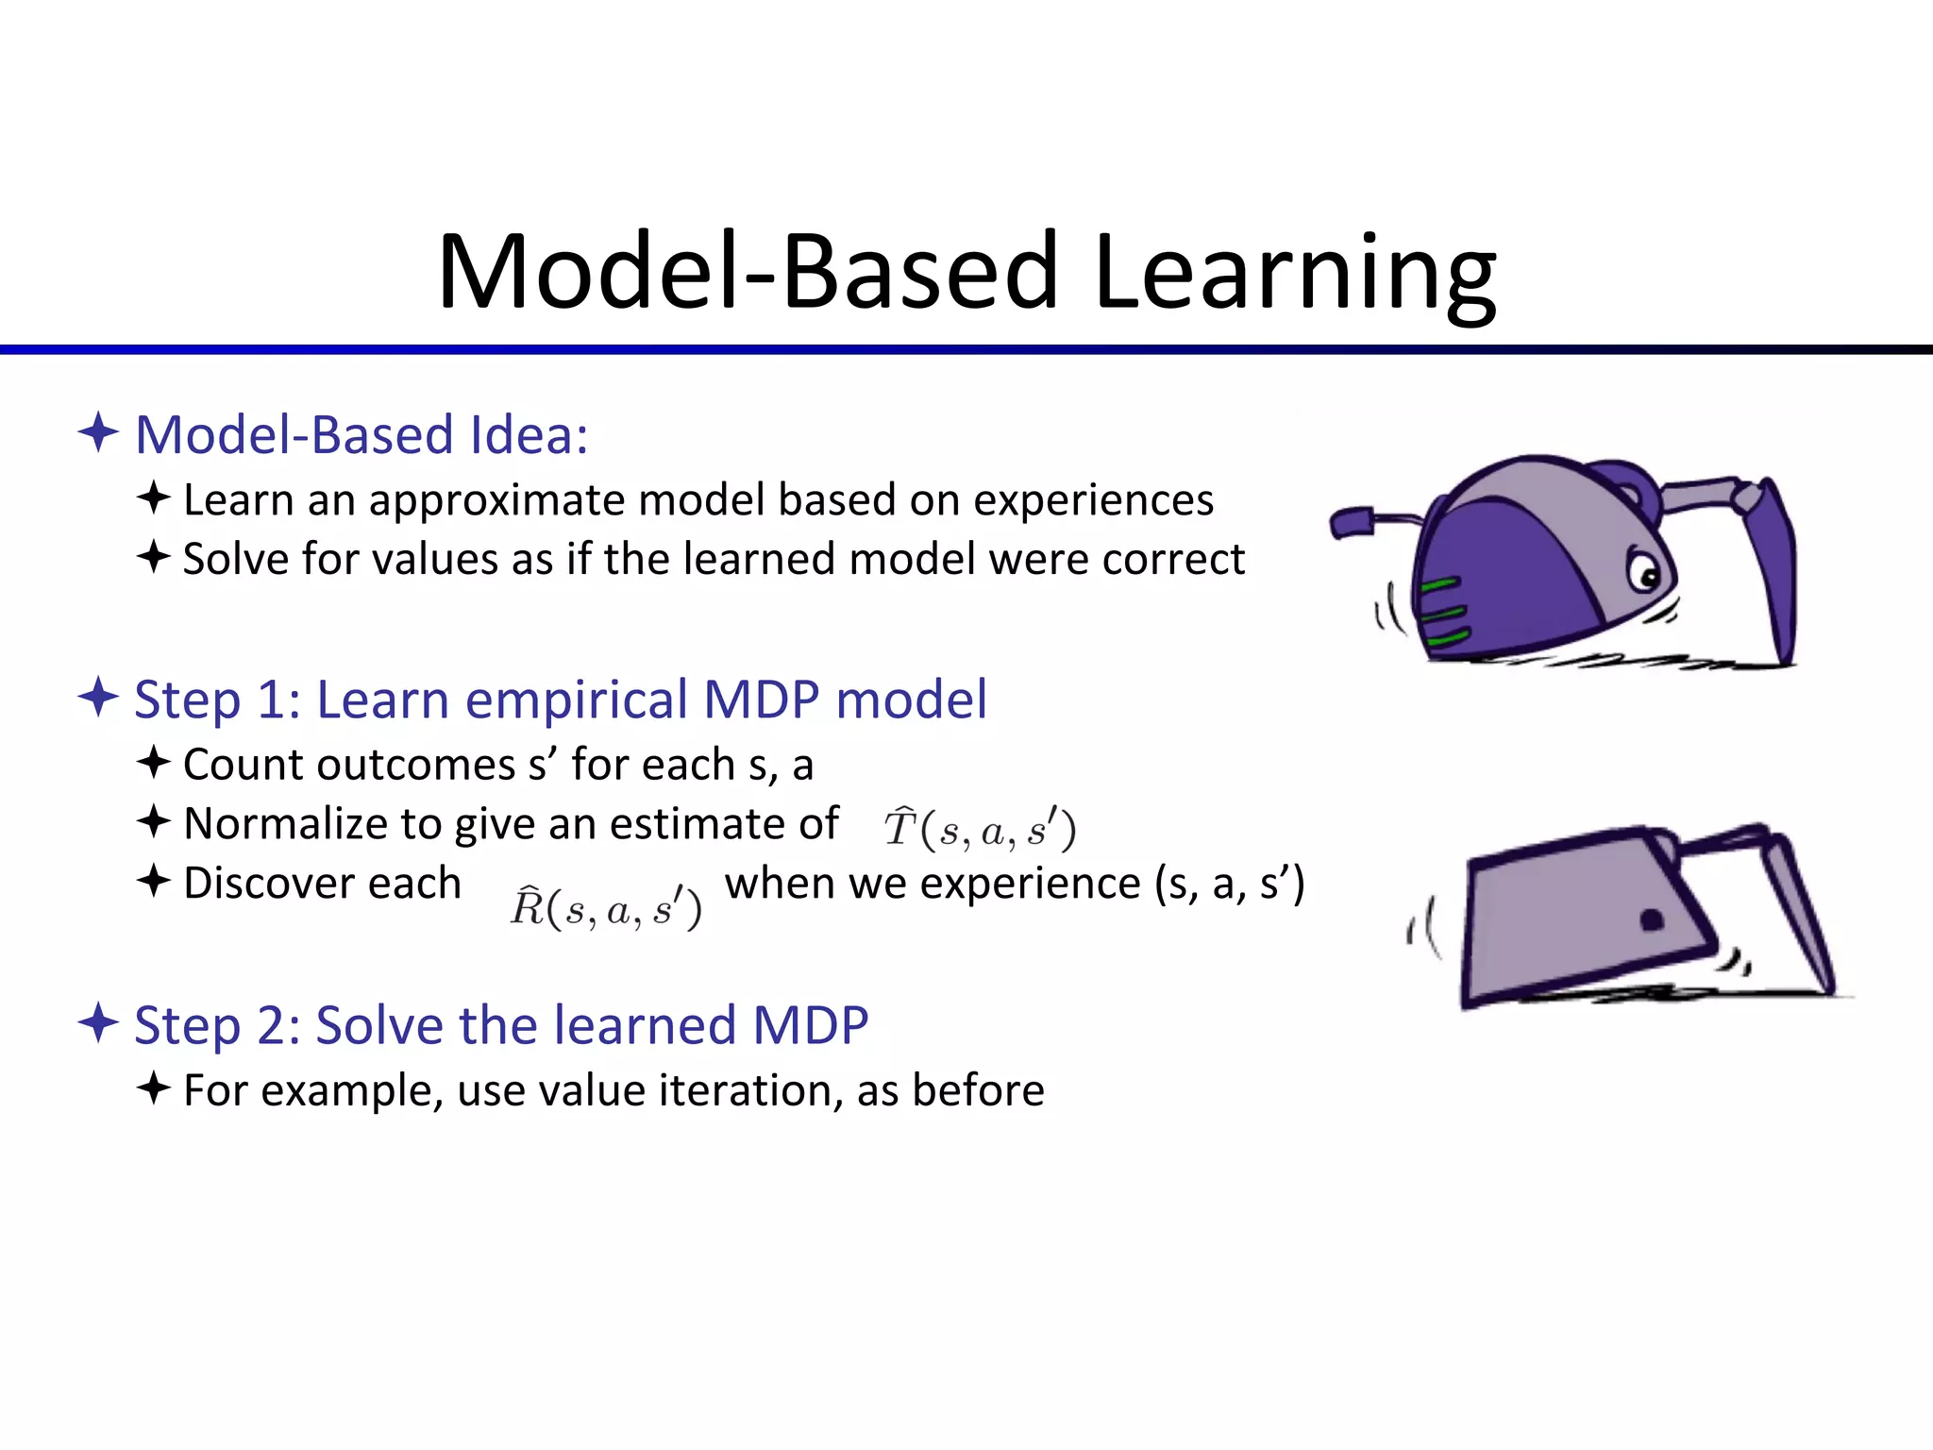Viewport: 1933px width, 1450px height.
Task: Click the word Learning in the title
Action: point(1294,274)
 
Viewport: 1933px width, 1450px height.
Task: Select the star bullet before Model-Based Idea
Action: point(98,433)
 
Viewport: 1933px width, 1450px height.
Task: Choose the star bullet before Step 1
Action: point(98,699)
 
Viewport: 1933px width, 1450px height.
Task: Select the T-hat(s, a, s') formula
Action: point(980,829)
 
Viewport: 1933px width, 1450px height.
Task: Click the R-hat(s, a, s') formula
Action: point(606,908)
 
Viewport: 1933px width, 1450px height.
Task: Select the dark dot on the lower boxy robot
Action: point(1651,919)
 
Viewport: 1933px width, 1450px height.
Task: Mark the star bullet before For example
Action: point(153,1088)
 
